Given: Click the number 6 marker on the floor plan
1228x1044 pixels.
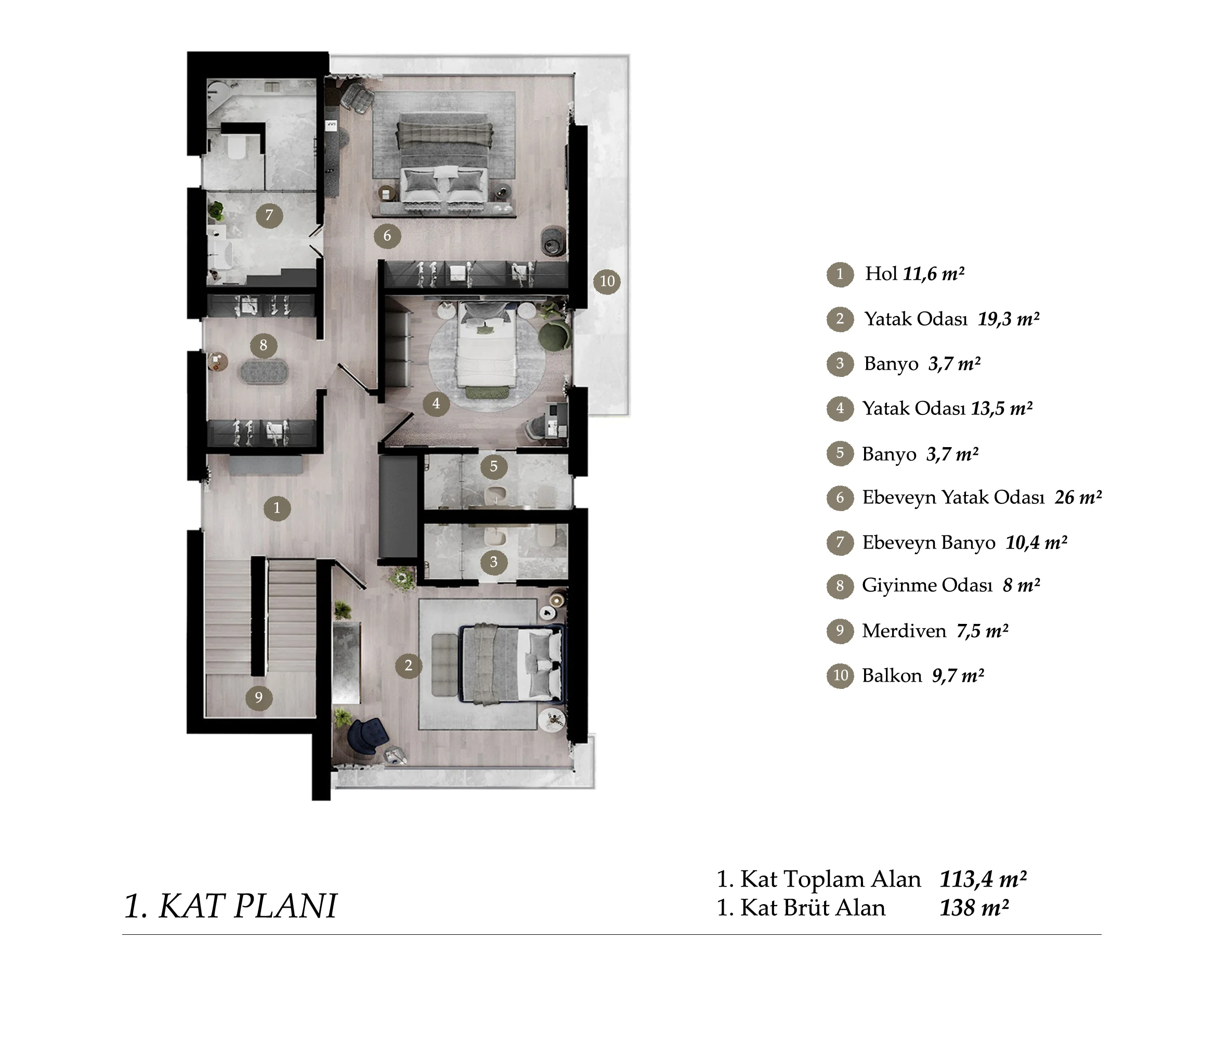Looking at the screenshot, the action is pyautogui.click(x=387, y=236).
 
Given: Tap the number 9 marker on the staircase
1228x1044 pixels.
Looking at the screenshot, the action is pyautogui.click(x=258, y=698).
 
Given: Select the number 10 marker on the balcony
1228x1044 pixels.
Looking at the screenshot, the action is pyautogui.click(x=607, y=281).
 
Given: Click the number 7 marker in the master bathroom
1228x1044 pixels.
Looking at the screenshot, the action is pyautogui.click(x=269, y=215).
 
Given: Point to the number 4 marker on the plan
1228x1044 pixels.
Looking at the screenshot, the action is pyautogui.click(x=436, y=403).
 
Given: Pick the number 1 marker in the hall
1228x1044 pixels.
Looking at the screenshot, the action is pyautogui.click(x=277, y=508).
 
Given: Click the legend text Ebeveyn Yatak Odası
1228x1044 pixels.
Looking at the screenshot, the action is pyautogui.click(x=953, y=498).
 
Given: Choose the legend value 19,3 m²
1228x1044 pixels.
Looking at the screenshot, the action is pyautogui.click(x=1009, y=320).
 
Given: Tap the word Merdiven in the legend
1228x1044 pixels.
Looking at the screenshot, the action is pyautogui.click(x=904, y=631).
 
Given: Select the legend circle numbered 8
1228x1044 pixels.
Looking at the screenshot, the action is pyautogui.click(x=840, y=586).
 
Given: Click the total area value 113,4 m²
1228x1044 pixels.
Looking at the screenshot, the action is pyautogui.click(x=983, y=880).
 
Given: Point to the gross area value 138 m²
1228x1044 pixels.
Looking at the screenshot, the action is pyautogui.click(x=974, y=908).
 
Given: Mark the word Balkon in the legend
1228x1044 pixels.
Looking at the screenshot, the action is pyautogui.click(x=892, y=676).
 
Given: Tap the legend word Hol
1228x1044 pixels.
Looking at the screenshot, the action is pyautogui.click(x=881, y=273).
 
